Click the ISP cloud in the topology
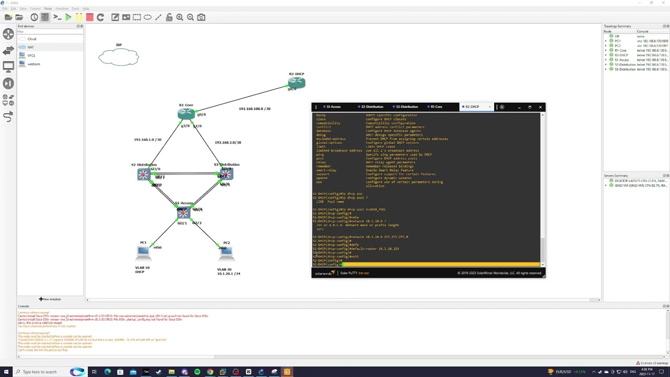118,57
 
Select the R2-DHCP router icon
296,82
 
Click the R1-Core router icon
186,114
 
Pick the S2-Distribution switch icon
143,174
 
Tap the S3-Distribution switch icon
226,174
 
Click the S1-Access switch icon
183,212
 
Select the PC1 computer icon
143,251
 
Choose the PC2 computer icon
226,251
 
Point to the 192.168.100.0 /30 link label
254,109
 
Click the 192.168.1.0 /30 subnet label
147,140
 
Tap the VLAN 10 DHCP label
142,270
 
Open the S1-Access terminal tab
333,107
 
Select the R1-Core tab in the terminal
436,107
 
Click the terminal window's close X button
540,107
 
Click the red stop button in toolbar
90,17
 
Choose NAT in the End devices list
30,47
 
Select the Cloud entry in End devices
31,39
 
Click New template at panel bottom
50,299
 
